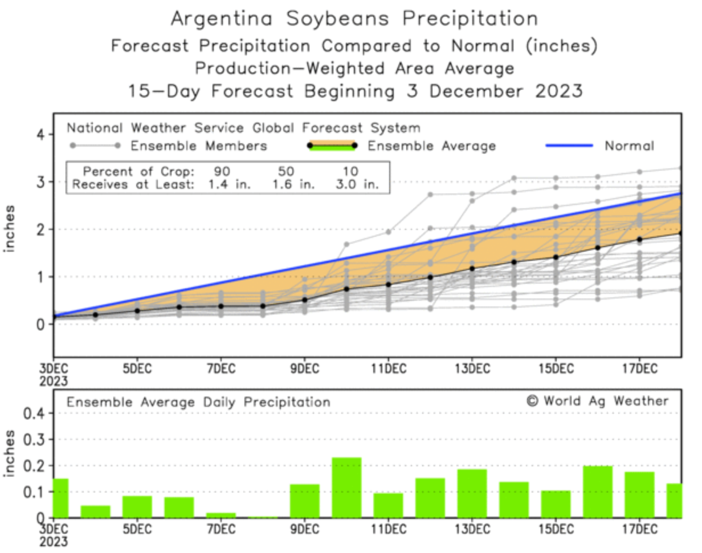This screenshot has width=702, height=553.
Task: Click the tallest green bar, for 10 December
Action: click(x=346, y=487)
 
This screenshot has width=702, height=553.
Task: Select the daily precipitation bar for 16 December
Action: click(x=598, y=491)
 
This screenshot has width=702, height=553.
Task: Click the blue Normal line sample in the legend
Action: click(x=570, y=146)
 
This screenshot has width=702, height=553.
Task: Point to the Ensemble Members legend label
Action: click(x=199, y=146)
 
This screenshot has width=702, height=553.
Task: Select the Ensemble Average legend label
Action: click(x=431, y=146)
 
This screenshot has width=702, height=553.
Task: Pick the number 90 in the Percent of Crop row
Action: click(x=222, y=171)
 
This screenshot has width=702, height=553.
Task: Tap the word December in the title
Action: click(x=476, y=91)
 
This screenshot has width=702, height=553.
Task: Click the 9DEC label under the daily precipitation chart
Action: click(x=304, y=529)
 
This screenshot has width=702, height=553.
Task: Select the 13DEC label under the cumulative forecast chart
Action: click(x=472, y=368)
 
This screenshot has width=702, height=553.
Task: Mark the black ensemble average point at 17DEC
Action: click(x=639, y=240)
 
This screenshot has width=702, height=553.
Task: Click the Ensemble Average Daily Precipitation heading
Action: click(x=198, y=402)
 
